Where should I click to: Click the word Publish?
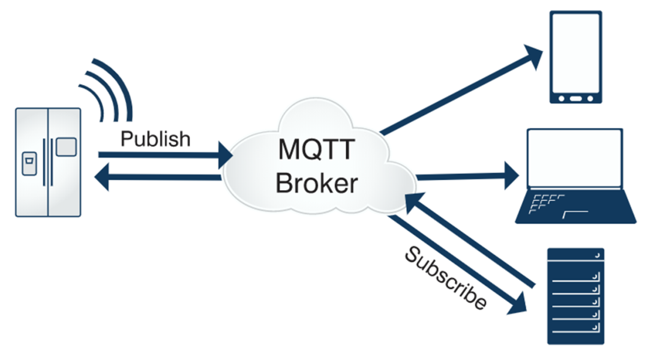155,139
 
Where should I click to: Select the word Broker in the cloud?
316,183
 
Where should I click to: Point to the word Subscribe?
445,278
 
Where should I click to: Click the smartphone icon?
575,58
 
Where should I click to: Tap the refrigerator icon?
48,161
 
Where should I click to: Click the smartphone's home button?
575,98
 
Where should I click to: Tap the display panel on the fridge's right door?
66,148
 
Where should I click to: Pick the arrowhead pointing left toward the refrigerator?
106,178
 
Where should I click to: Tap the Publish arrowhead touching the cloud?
226,155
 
